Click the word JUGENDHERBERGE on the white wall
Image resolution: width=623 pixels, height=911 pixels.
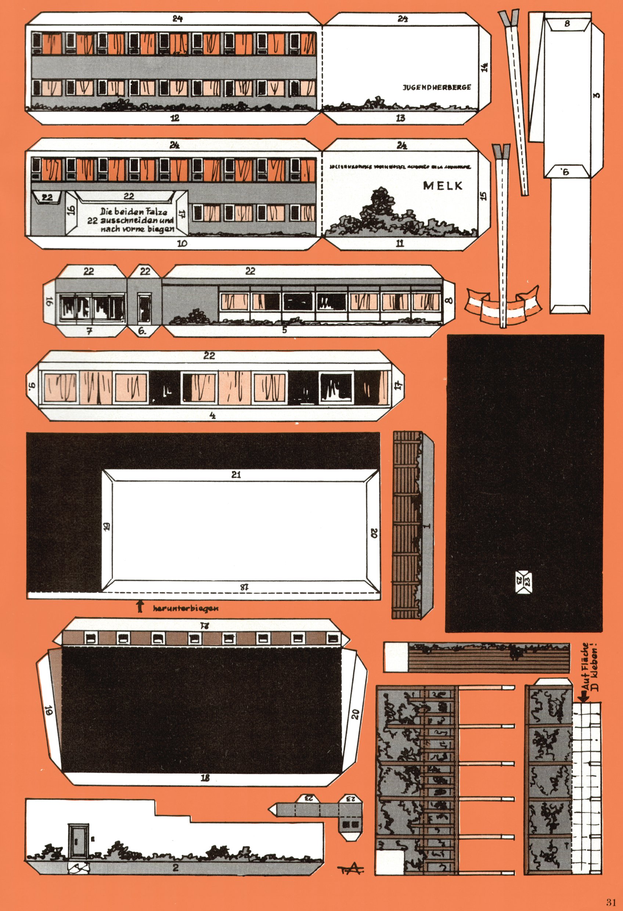tap(437, 87)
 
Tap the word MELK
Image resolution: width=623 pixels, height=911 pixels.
tap(443, 186)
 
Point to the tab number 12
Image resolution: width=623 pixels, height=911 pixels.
tap(175, 118)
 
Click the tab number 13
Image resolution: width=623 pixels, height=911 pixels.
tap(400, 118)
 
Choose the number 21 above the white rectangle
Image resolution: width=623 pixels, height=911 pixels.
tap(235, 475)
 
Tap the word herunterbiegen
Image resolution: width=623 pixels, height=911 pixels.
tap(186, 608)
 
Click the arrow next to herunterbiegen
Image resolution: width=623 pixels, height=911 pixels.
tap(139, 607)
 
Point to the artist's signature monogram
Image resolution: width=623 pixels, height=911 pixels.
tap(350, 869)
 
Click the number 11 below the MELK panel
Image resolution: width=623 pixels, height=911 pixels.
tap(400, 244)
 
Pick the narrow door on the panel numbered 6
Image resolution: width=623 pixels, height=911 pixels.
tap(144, 307)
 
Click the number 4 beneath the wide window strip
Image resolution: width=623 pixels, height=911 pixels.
tap(212, 415)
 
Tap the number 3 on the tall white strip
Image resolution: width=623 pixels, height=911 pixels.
tap(596, 95)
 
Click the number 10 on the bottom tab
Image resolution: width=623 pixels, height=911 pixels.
tap(182, 244)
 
